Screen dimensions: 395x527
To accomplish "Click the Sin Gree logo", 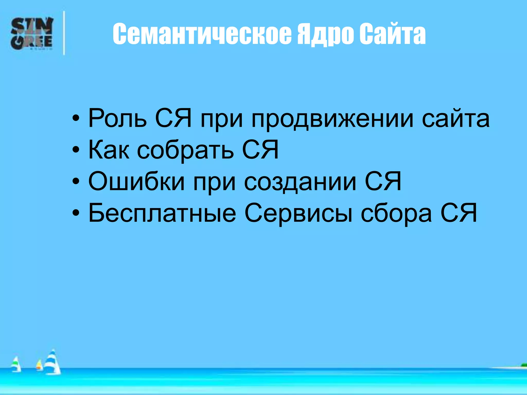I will (x=32, y=33).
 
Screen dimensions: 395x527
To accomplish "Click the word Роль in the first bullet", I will (x=117, y=118).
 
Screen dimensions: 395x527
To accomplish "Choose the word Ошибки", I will (x=136, y=182).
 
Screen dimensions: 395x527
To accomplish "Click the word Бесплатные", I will (x=162, y=213).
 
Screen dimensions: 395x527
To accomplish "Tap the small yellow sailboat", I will (x=39, y=365).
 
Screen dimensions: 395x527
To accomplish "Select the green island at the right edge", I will (x=524, y=365).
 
